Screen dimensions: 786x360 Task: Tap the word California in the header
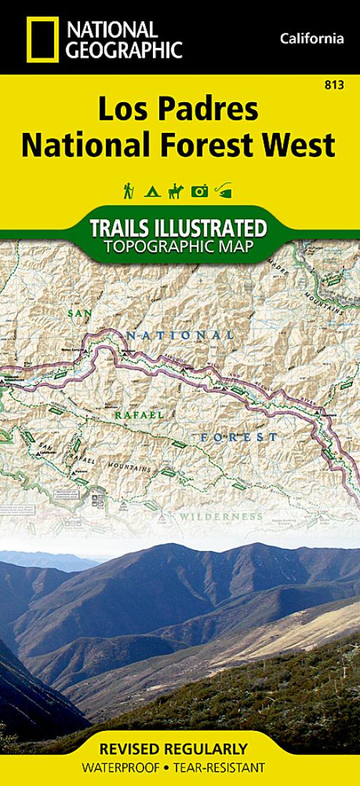click(x=312, y=39)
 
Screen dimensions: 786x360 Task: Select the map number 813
click(x=332, y=85)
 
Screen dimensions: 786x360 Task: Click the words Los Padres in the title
click(x=178, y=111)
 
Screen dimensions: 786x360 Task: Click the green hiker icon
click(x=129, y=190)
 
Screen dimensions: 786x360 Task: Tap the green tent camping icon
click(x=151, y=191)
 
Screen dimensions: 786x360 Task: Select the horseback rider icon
click(x=175, y=191)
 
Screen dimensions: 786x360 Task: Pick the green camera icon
click(x=199, y=191)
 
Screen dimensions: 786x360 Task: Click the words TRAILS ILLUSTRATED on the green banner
click(x=179, y=229)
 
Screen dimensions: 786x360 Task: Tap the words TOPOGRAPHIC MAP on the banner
click(x=179, y=247)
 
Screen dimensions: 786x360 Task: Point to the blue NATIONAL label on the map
click(x=180, y=334)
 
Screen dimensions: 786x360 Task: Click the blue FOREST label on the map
click(x=239, y=436)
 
